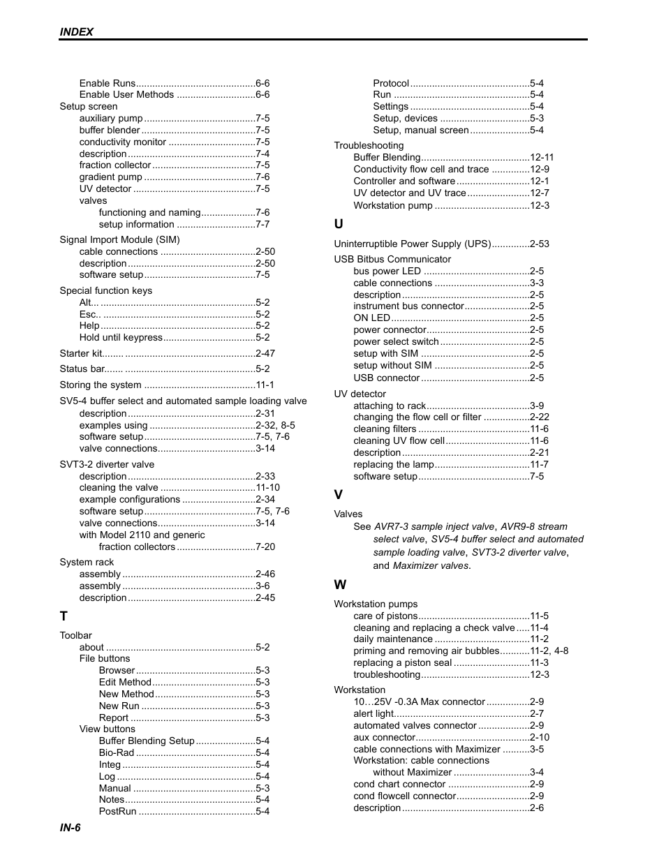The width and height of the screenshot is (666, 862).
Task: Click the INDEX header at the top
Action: pos(76,31)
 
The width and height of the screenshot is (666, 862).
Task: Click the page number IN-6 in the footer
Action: pos(70,827)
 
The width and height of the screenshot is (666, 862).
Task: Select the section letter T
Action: pos(64,616)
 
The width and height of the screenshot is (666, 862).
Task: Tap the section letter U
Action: pos(339,224)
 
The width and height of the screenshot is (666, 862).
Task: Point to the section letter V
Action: pos(339,495)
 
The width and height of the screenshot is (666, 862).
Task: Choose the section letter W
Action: pos(340,585)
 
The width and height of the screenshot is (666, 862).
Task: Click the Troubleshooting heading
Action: pos(369,145)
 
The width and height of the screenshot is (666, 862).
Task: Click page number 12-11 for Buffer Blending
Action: pos(542,157)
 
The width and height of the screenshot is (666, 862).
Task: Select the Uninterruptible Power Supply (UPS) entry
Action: pos(413,244)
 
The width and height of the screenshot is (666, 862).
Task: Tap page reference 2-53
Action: pos(539,244)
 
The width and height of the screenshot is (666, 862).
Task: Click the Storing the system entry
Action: pos(101,385)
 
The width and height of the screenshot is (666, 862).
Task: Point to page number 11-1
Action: pos(265,385)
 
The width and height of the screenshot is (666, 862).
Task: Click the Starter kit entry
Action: pos(81,353)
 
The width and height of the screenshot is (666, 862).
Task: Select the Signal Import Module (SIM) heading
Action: pos(119,239)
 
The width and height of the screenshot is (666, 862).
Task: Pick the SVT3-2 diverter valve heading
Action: pos(107,464)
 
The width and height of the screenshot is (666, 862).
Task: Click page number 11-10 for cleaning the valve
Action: pos(267,487)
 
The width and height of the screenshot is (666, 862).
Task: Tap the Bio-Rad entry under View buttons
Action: pos(117,752)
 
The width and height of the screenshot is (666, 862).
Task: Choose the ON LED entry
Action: pos(371,318)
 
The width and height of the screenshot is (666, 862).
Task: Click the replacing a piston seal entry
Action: pos(402,662)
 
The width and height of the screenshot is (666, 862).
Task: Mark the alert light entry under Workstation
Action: pos(373,713)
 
